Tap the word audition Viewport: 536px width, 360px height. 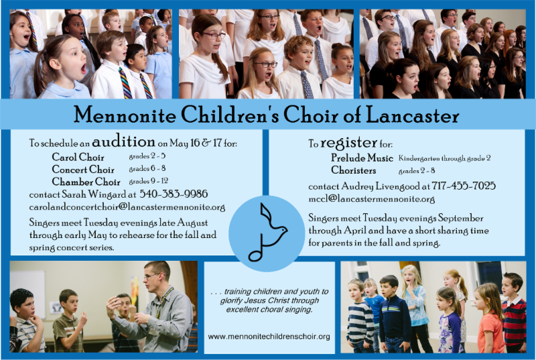[123, 141]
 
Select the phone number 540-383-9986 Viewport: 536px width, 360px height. [174, 194]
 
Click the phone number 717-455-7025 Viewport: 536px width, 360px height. [464, 186]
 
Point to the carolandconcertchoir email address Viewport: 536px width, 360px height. [127, 207]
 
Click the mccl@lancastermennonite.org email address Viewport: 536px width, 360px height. [372, 198]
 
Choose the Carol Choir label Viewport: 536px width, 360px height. [78, 157]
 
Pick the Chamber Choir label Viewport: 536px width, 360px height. [86, 181]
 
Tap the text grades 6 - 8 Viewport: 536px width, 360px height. [147, 168]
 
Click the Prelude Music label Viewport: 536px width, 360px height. [362, 158]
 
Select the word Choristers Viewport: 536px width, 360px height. [354, 170]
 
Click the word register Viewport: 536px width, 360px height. [348, 143]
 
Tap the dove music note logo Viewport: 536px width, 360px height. [267, 233]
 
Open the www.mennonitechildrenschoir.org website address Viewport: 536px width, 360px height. [269, 337]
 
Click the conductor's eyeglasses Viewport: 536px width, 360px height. [151, 276]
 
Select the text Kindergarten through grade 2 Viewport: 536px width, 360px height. [445, 158]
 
